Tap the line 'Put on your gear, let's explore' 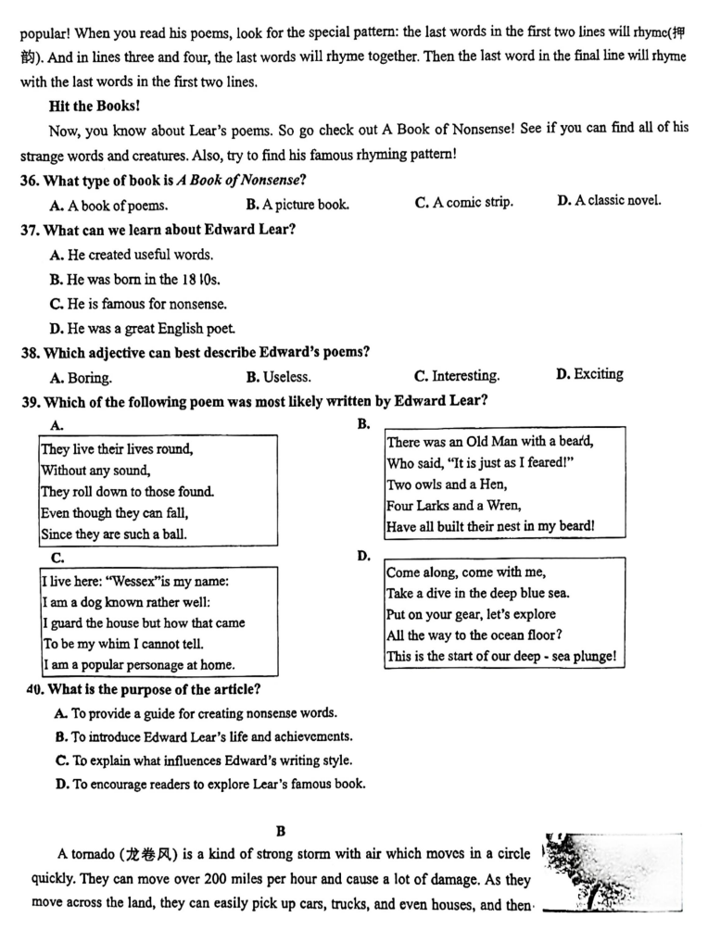[x=471, y=615]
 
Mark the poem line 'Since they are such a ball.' [x=114, y=534]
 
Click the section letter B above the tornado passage [x=281, y=832]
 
